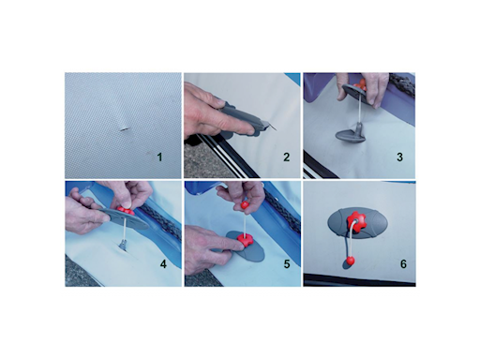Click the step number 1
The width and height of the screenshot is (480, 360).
(x=159, y=157)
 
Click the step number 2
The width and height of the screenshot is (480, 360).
(x=287, y=157)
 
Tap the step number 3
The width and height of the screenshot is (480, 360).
(x=399, y=157)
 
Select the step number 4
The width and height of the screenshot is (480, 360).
(x=163, y=264)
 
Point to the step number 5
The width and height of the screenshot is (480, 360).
(x=287, y=264)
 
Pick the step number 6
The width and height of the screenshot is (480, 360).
(x=403, y=264)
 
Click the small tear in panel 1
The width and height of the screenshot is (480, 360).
(x=126, y=128)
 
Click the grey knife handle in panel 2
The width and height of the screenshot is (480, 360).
(x=242, y=118)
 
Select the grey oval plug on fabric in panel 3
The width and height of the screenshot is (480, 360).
(x=350, y=136)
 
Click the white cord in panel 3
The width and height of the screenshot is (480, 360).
(x=361, y=107)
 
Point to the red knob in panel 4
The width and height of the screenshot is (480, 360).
(x=126, y=210)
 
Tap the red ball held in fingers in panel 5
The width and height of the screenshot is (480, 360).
(x=245, y=205)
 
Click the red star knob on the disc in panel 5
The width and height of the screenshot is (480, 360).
(x=245, y=240)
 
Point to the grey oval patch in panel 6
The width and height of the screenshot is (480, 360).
(x=357, y=223)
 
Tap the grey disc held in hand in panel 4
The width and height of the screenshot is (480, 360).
(x=125, y=218)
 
